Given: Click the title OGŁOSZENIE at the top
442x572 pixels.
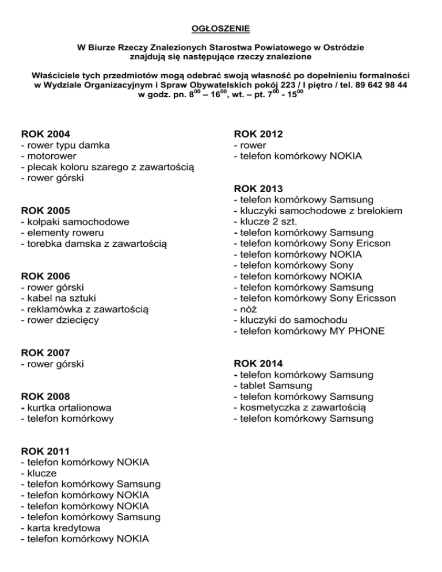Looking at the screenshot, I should click(221, 27).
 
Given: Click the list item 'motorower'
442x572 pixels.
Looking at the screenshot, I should click(51, 156).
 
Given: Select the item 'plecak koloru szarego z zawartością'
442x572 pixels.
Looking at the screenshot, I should click(107, 167).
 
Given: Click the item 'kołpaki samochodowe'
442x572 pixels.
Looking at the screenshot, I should click(74, 222).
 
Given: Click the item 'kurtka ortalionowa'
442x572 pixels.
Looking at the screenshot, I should click(66, 407).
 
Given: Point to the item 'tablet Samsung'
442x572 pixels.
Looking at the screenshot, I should click(273, 386).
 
